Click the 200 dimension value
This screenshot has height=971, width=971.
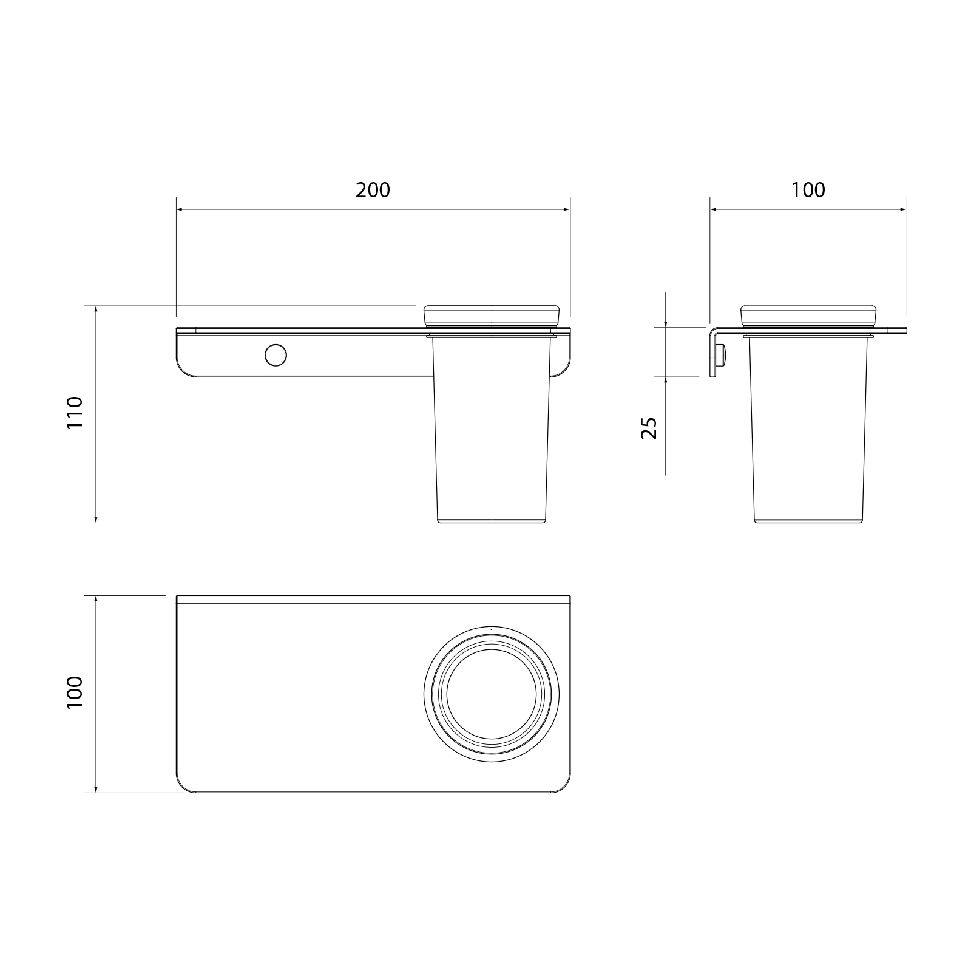[373, 190]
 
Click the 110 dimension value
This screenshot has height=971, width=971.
[75, 413]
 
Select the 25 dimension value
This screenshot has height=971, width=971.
[649, 428]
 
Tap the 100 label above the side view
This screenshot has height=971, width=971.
[808, 190]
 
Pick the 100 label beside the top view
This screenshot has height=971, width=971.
[75, 693]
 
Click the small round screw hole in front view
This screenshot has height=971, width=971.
[276, 355]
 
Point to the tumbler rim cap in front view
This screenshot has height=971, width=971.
[491, 313]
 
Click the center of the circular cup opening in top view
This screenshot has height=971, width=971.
[492, 694]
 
